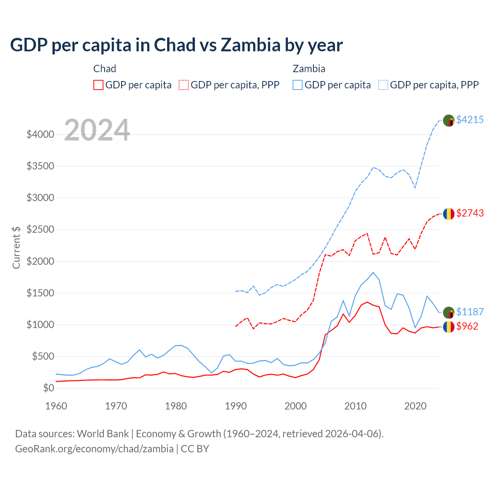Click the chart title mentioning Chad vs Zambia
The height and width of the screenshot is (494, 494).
pyautogui.click(x=176, y=45)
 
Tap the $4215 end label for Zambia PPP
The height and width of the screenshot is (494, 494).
pyautogui.click(x=470, y=120)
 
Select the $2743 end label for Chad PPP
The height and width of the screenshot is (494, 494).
pyautogui.click(x=470, y=213)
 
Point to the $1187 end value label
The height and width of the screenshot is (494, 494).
pyautogui.click(x=470, y=312)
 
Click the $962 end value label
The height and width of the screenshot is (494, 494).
pyautogui.click(x=467, y=326)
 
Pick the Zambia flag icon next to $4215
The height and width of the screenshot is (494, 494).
pyautogui.click(x=448, y=120)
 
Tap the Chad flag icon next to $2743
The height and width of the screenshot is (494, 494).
pyautogui.click(x=448, y=213)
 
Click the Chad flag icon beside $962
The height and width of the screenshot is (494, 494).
pyautogui.click(x=448, y=327)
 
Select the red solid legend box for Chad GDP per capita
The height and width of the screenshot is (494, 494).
pyautogui.click(x=98, y=85)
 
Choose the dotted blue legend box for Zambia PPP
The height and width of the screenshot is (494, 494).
pyautogui.click(x=383, y=85)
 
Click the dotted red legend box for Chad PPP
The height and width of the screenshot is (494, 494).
pyautogui.click(x=184, y=85)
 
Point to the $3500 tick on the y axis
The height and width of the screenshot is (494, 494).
pyautogui.click(x=40, y=166)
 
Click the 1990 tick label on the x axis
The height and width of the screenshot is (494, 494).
pyautogui.click(x=235, y=406)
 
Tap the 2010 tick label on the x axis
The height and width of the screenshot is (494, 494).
pyautogui.click(x=355, y=406)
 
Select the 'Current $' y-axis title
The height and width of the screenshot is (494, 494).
pyautogui.click(x=16, y=247)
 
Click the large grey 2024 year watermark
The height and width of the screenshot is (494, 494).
pyautogui.click(x=97, y=130)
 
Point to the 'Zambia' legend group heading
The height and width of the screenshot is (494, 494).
pyautogui.click(x=309, y=69)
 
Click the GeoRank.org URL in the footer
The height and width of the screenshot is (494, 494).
pyautogui.click(x=94, y=449)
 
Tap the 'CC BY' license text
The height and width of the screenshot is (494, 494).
pyautogui.click(x=195, y=449)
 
